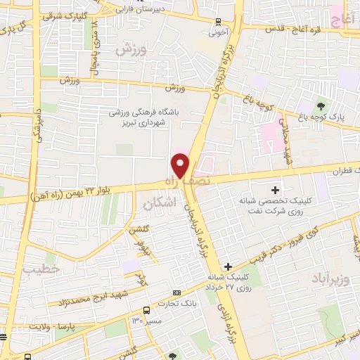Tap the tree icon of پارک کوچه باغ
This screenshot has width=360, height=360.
tap(323, 105)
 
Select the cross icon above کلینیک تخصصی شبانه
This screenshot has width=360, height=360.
tap(275, 189)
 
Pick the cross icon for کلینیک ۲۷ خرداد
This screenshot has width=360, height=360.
tap(228, 266)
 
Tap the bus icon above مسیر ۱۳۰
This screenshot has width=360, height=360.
tap(146, 309)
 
